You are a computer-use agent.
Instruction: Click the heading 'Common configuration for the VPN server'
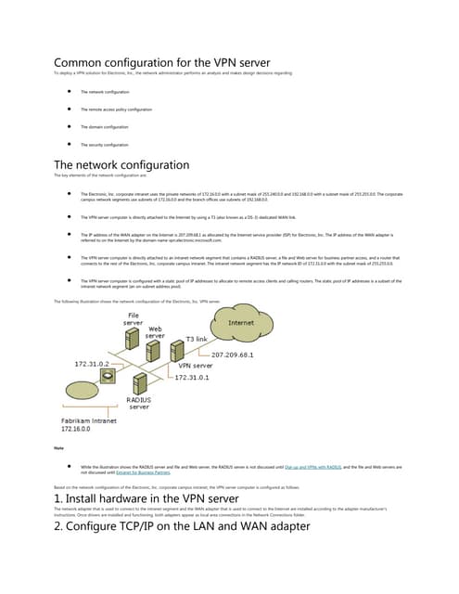[x=162, y=62]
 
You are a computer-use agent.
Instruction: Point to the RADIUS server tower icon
[x=137, y=385]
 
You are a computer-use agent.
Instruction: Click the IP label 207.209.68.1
[x=239, y=355]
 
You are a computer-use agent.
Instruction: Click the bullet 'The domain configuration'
[x=104, y=126]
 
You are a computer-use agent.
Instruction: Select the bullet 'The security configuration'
[x=104, y=145]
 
